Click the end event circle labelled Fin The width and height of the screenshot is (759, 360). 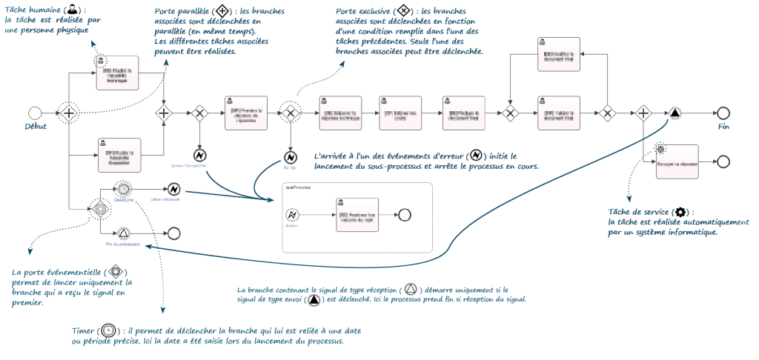tap(723, 113)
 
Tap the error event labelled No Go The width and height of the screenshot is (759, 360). tap(291, 158)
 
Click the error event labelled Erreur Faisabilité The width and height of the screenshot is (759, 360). tap(199, 156)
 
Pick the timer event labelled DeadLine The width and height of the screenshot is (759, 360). tap(124, 190)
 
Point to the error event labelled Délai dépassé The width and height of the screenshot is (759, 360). tap(174, 190)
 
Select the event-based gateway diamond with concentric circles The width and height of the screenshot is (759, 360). tap(99, 209)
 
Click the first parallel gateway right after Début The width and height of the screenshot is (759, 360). tap(69, 113)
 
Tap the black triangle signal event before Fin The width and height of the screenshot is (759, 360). tap(675, 113)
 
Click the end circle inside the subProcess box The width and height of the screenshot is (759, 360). tap(404, 214)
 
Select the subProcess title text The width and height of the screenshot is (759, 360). tap(298, 187)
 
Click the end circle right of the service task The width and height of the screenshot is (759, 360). tap(723, 162)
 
